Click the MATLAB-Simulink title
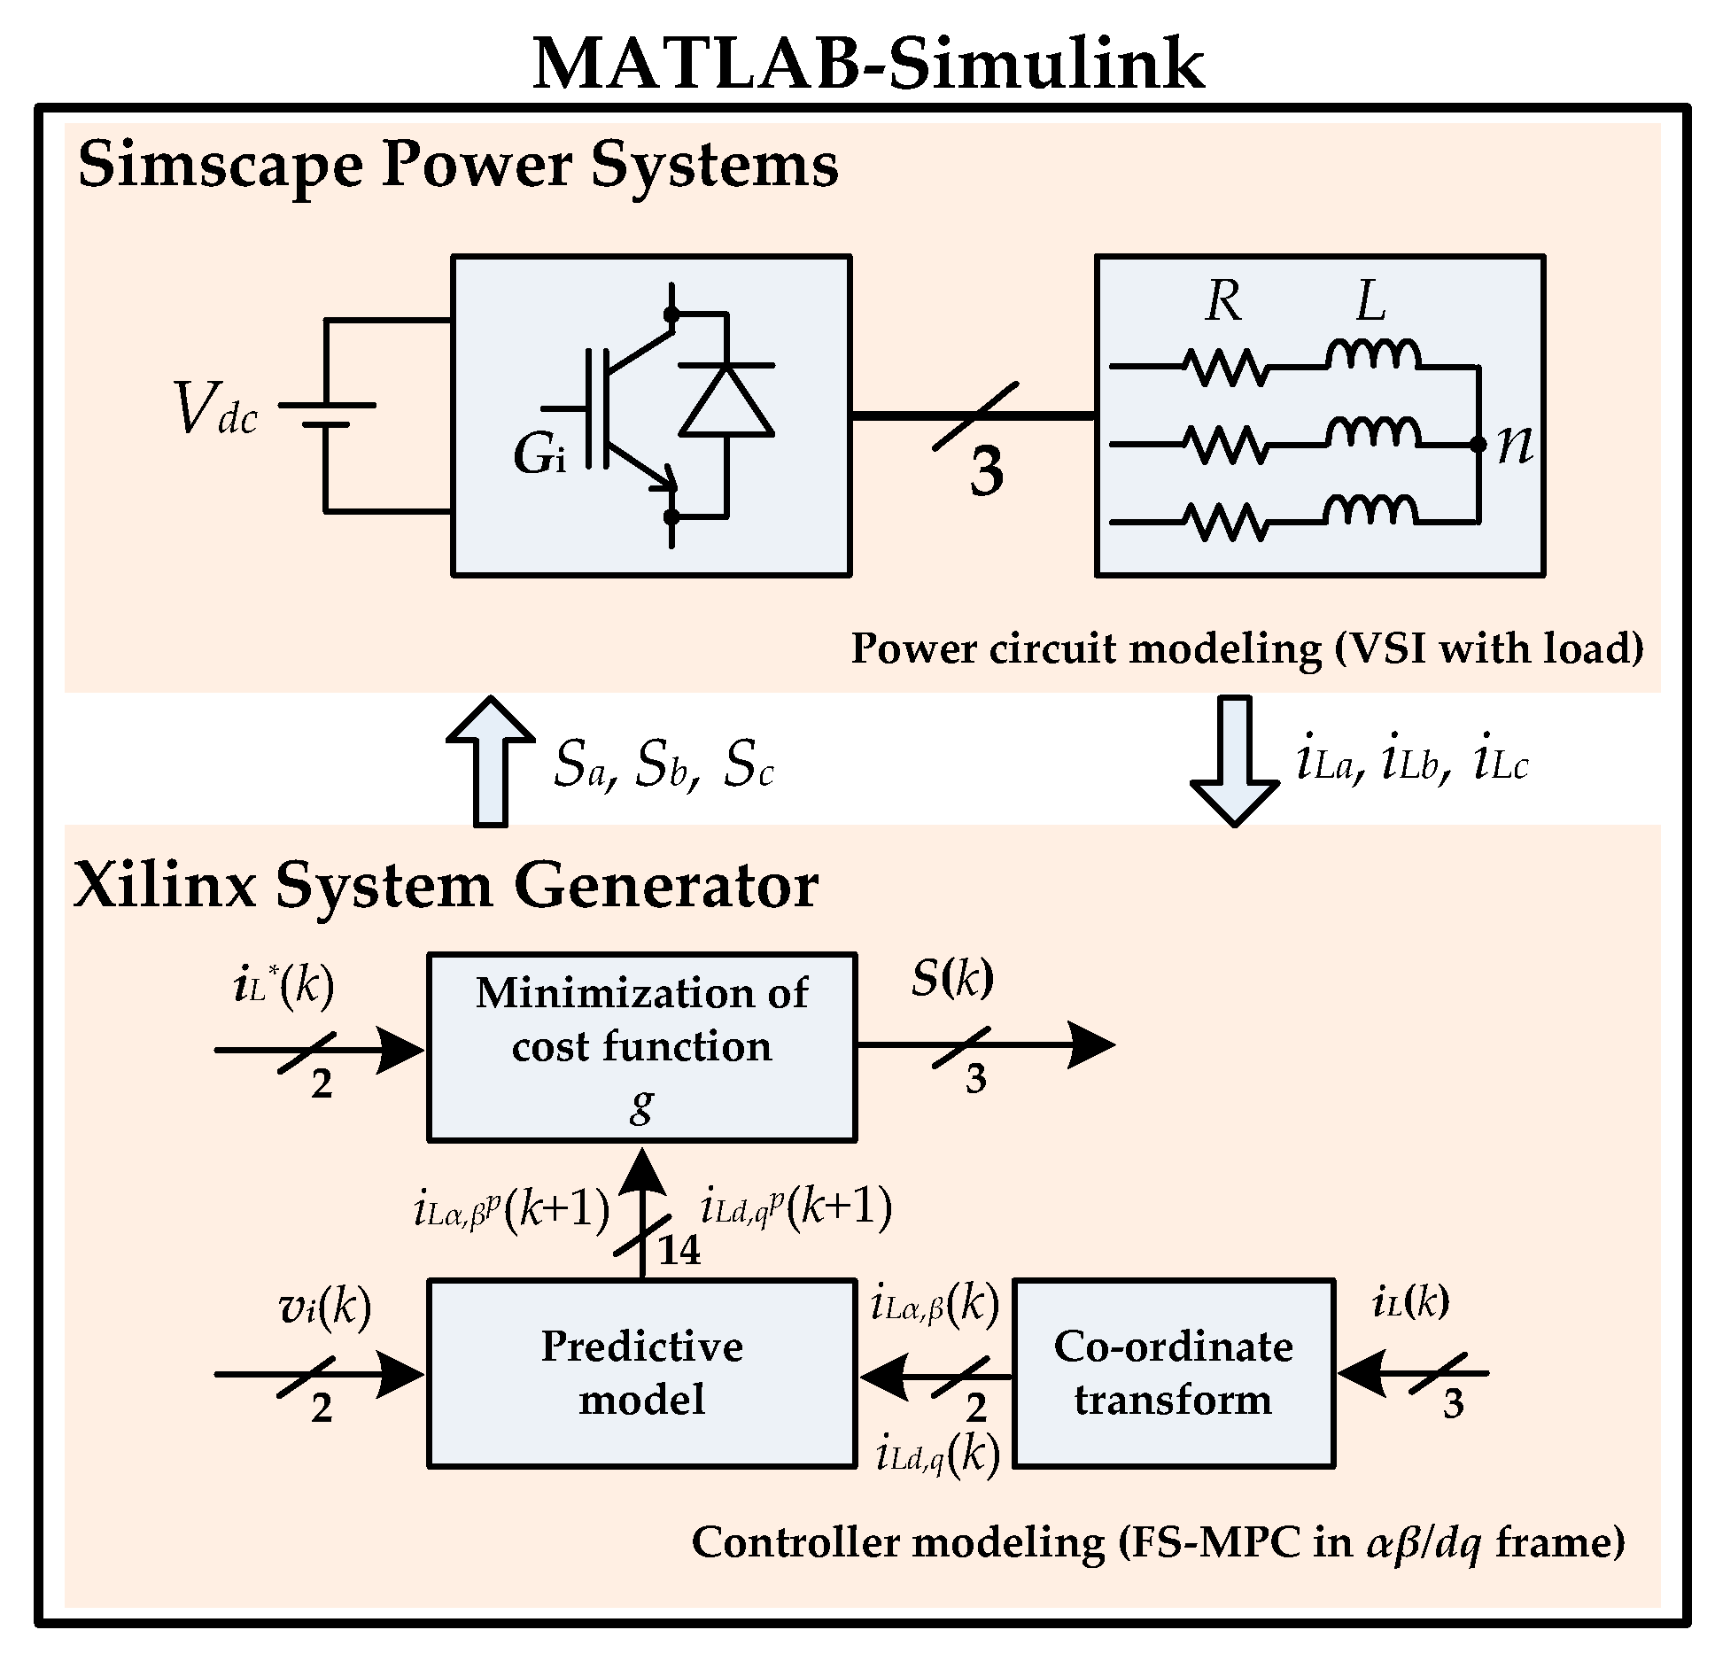tap(867, 64)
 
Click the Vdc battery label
tap(216, 409)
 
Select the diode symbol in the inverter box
tap(726, 401)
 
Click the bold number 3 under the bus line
tap(986, 471)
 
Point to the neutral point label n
tap(1514, 445)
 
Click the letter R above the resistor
tap(1223, 302)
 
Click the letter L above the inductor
tap(1370, 302)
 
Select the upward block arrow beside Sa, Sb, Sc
tap(490, 760)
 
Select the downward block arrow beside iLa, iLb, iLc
tap(1234, 760)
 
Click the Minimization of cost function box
tap(641, 1047)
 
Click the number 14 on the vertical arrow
tap(679, 1251)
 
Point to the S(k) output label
tap(952, 979)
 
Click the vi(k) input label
tap(325, 1308)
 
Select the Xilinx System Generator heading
tap(446, 886)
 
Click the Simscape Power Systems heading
tap(458, 165)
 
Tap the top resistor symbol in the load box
tap(1226, 366)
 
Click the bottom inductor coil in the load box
tap(1370, 509)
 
